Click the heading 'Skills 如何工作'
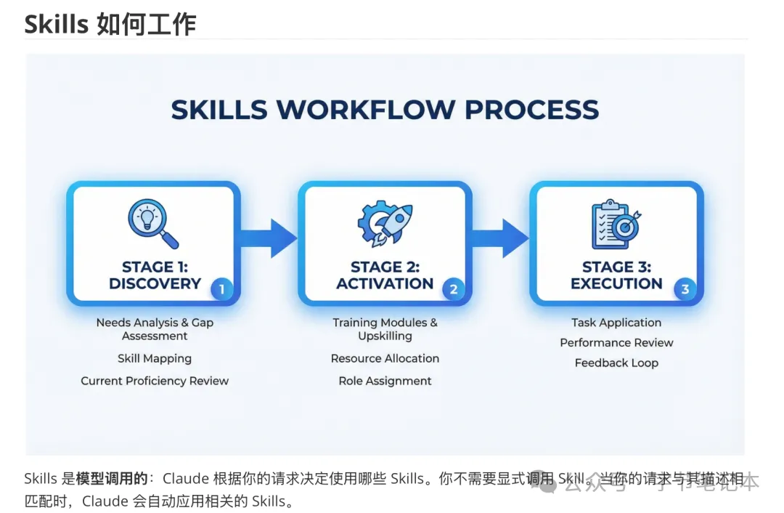tap(110, 25)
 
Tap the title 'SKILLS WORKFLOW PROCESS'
tap(385, 110)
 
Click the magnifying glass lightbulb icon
tap(153, 224)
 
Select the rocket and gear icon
tap(385, 224)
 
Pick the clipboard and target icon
tap(616, 224)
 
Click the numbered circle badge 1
tap(221, 290)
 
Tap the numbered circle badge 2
tap(453, 290)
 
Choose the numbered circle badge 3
tap(685, 290)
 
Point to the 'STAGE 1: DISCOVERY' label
tap(155, 275)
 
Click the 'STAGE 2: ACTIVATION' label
tap(385, 275)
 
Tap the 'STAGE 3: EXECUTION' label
tap(616, 275)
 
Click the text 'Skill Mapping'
tap(155, 358)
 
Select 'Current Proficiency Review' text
tap(155, 381)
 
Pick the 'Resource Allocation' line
tap(385, 358)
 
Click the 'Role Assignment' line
tap(385, 381)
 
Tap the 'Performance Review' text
tap(616, 342)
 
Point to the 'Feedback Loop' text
tap(616, 363)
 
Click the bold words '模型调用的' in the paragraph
tap(112, 479)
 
